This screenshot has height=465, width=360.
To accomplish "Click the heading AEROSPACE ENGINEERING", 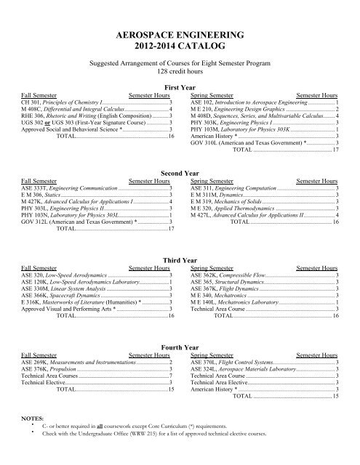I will (180, 34).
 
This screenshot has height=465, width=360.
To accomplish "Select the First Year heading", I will (180, 87).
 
